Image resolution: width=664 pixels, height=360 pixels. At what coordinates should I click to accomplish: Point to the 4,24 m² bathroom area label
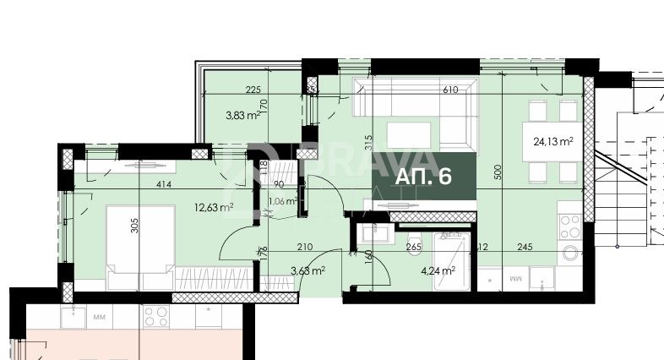pos(438,271)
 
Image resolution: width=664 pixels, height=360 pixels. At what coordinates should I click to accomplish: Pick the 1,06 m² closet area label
pos(281,201)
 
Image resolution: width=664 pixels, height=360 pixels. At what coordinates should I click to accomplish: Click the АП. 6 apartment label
pos(424,177)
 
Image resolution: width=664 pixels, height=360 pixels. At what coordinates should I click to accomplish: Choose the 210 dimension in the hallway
pos(306,248)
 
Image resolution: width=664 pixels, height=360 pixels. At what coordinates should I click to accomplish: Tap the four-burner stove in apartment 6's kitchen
pos(570,225)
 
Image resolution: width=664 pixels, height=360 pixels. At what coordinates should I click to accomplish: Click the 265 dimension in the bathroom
pos(414,248)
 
